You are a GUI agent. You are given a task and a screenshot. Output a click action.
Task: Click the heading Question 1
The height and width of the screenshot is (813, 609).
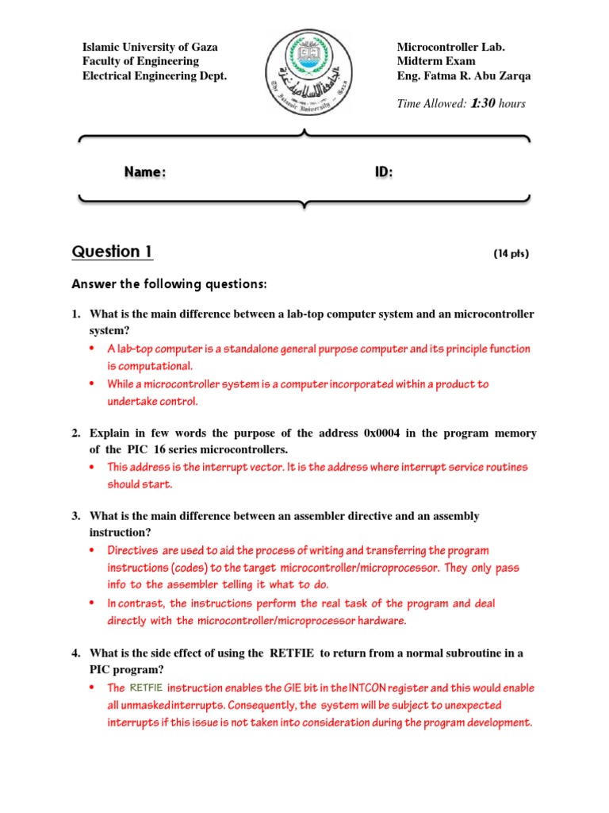tap(112, 252)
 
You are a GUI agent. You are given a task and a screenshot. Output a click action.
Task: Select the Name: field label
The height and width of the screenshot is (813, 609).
tap(144, 172)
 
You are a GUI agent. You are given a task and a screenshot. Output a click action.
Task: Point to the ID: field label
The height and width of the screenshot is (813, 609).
tap(383, 172)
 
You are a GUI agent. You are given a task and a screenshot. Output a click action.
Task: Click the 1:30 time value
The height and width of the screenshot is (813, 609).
tap(483, 103)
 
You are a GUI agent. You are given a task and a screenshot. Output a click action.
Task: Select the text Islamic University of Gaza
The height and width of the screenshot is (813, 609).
tap(151, 47)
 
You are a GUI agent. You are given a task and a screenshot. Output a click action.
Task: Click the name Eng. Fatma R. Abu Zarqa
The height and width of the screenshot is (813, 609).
tap(464, 76)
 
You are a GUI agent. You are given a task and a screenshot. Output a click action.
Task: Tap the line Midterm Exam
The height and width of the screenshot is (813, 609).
tap(436, 61)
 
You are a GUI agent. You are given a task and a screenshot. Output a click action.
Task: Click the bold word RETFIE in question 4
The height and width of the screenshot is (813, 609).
tap(293, 653)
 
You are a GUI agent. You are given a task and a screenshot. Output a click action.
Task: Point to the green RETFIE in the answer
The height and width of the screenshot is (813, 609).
tap(145, 688)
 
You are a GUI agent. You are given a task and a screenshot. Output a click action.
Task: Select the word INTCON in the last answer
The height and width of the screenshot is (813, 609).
tap(366, 688)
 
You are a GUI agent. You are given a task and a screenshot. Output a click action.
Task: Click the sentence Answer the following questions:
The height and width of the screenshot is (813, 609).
tap(170, 284)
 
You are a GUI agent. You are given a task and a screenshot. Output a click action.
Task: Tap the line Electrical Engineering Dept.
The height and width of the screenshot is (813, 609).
tap(155, 76)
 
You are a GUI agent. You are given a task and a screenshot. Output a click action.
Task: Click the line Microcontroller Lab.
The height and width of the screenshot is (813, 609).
tap(450, 47)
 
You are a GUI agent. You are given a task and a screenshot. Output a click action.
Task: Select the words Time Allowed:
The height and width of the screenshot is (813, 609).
tap(431, 104)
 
